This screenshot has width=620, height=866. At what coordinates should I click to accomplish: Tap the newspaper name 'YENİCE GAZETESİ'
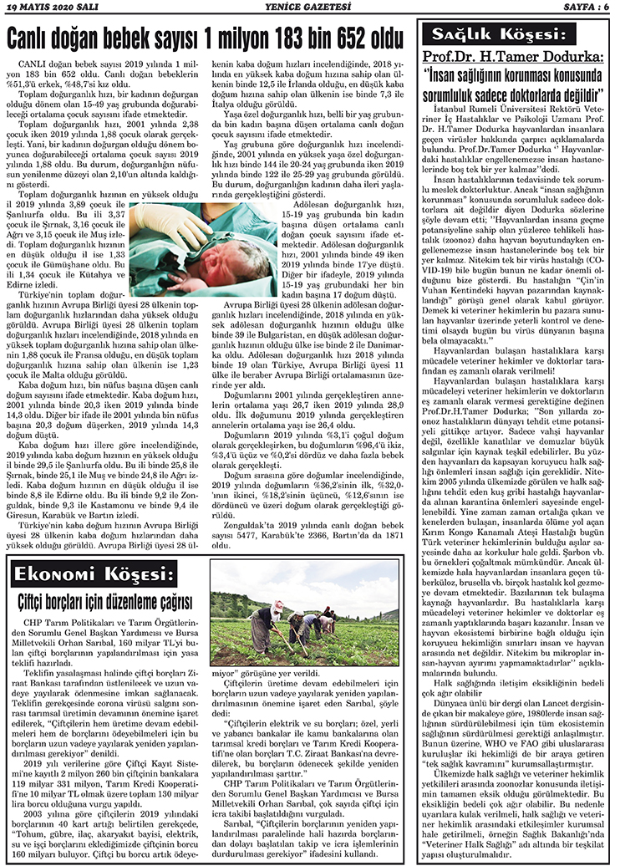click(307, 7)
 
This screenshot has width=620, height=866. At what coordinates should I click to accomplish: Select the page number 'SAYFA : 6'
click(586, 7)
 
